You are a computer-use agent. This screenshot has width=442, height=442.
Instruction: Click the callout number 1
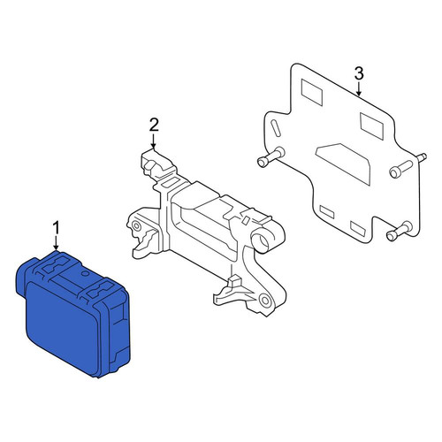pos(56,229)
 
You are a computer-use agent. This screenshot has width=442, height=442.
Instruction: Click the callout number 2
pos(154,125)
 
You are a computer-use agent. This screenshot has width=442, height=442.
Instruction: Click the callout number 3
pos(359,73)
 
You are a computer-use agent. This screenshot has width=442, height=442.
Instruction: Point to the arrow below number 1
pos(56,244)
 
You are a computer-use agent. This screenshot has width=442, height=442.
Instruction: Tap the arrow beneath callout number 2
pos(154,141)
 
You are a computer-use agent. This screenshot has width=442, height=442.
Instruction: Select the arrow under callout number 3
pos(359,89)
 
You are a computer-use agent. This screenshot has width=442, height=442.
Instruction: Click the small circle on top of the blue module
pos(85,273)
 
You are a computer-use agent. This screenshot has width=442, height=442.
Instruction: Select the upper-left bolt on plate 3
pos(271,156)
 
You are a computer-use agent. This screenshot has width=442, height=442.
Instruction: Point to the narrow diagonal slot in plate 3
pos(275,128)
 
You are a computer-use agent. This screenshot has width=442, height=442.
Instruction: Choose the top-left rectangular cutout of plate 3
pos(311,92)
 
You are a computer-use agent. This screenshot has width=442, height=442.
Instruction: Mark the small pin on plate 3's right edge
pos(422,156)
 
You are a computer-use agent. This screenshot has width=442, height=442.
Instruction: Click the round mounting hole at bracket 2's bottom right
pos(265,301)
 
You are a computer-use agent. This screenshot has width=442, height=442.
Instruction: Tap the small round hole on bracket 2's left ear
pos(136,226)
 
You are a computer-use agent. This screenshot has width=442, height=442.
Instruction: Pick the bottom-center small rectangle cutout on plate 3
pos(358,227)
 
